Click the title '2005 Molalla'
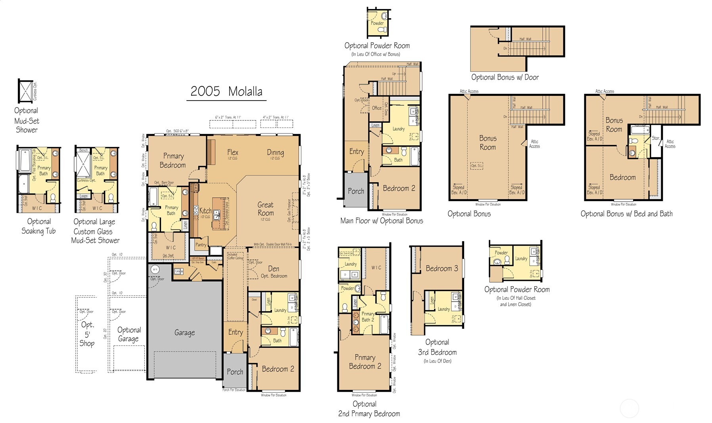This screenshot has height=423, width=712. (x=226, y=91)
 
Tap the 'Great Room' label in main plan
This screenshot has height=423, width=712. (x=265, y=209)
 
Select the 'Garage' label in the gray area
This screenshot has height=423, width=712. (x=184, y=333)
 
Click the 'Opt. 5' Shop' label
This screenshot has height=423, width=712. (x=87, y=334)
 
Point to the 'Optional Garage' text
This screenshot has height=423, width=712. (x=129, y=334)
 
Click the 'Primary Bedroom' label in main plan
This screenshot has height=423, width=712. (x=173, y=160)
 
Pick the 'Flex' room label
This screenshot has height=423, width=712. (x=233, y=152)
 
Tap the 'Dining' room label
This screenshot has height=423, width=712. (x=275, y=152)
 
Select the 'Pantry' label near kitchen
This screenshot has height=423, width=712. (x=201, y=245)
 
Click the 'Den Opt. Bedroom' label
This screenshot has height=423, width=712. (x=274, y=272)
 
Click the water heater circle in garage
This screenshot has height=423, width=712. (x=154, y=269)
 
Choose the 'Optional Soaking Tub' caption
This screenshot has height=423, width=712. (x=38, y=226)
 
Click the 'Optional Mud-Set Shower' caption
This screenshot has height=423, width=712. (x=27, y=120)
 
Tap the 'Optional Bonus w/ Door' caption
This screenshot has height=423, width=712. (x=505, y=77)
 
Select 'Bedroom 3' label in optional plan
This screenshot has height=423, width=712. (x=442, y=269)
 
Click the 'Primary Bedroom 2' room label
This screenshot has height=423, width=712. (x=365, y=362)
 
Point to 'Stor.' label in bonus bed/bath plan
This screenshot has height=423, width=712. (x=656, y=138)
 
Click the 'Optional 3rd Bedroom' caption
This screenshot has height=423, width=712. (x=437, y=347)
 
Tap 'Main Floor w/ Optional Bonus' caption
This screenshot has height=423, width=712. (x=381, y=221)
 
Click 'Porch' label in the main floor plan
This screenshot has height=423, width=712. (x=235, y=372)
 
